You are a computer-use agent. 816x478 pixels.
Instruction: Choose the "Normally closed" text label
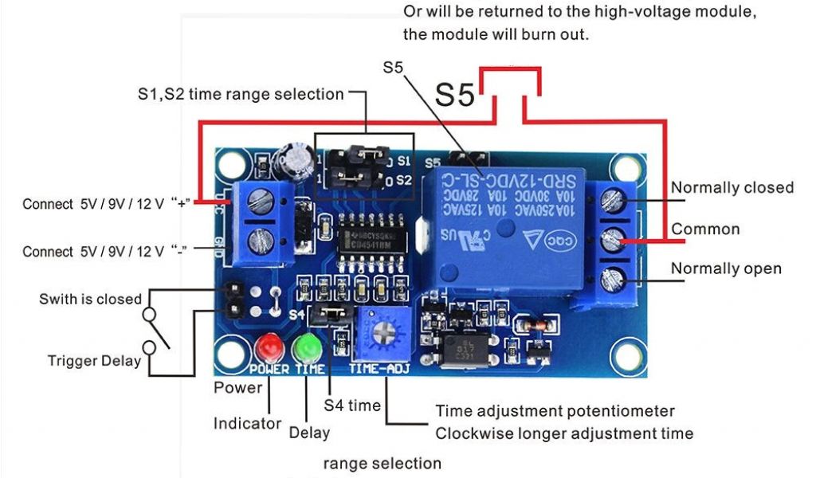(732, 187)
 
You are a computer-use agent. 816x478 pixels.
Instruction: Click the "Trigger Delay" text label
(94, 360)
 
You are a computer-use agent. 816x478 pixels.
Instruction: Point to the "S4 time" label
(352, 406)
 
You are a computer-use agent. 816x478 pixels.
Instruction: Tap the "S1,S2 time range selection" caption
(240, 94)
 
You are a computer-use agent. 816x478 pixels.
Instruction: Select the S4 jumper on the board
(330, 313)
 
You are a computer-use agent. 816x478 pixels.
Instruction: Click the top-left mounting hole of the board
(232, 166)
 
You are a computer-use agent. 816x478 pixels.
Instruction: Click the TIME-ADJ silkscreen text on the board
(378, 370)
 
